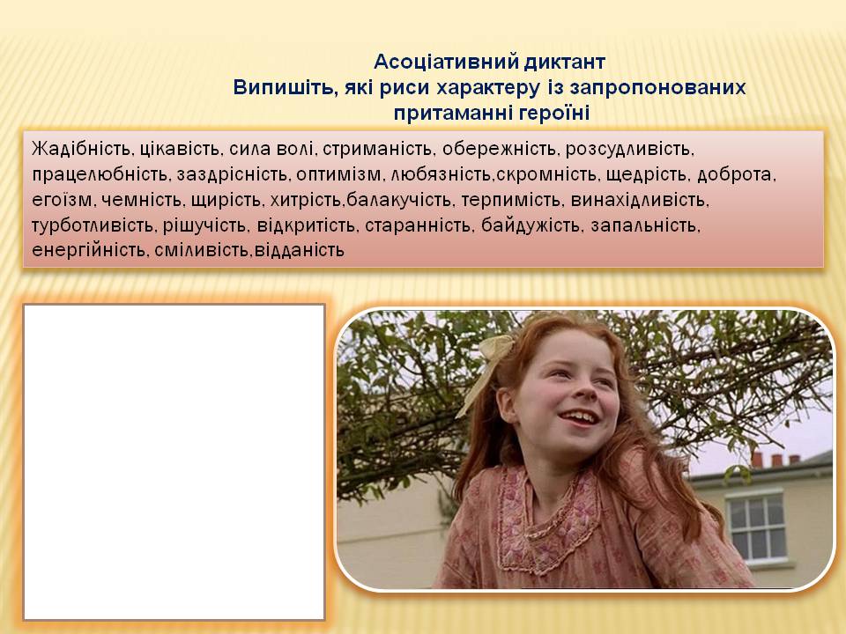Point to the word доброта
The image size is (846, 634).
click(741, 173)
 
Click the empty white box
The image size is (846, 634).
click(174, 461)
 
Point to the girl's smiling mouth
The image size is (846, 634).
click(576, 415)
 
